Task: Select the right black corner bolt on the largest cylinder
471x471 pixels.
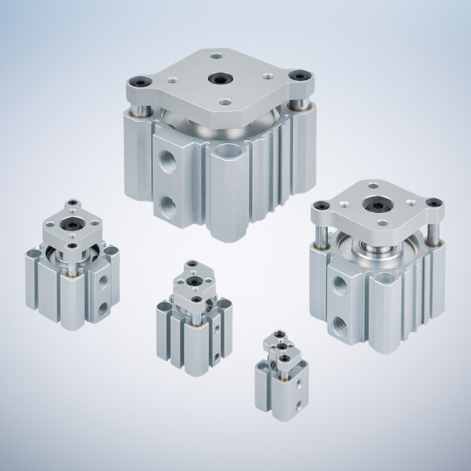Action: pyautogui.click(x=300, y=75)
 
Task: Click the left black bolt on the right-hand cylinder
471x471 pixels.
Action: pyautogui.click(x=324, y=206)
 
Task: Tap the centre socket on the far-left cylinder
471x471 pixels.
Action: pyautogui.click(x=71, y=225)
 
